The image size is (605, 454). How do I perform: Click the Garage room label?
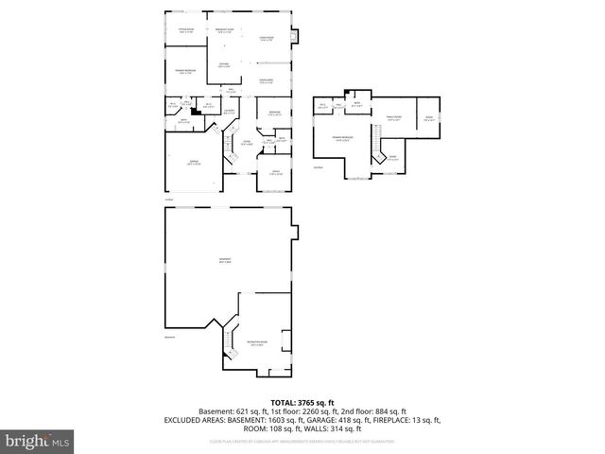192,164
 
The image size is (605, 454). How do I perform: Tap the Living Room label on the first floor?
268,40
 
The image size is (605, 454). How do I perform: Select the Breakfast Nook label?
223,30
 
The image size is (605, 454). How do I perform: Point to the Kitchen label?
224,65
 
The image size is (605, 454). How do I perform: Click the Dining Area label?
268,81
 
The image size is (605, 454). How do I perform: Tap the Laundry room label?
229,112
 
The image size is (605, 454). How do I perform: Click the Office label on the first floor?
274,173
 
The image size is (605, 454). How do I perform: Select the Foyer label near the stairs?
247,143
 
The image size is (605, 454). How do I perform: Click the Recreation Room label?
256,344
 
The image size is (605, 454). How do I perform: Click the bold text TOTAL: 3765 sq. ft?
302,402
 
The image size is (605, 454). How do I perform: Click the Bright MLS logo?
38,441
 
